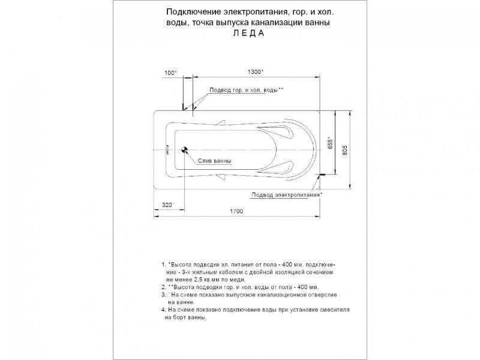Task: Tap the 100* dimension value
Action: tap(170, 73)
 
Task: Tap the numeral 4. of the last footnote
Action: tap(163, 310)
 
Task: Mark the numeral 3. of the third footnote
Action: tap(163, 295)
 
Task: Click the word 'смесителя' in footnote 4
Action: tap(331, 310)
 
